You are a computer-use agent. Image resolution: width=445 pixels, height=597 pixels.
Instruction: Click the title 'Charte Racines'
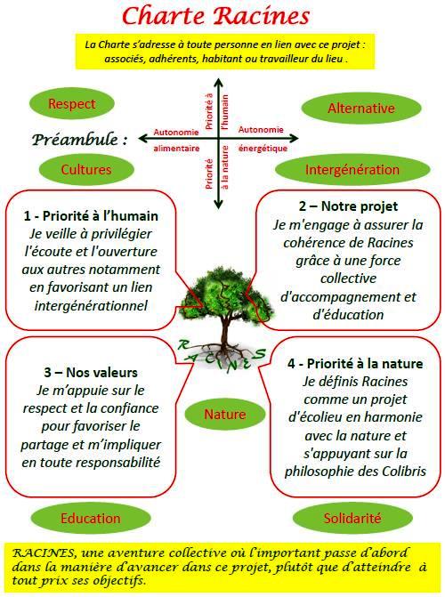coord(215,17)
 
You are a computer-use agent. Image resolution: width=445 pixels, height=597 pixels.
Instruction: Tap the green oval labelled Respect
coord(71,103)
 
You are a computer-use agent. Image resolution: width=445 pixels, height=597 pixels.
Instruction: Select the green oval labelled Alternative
coord(361,109)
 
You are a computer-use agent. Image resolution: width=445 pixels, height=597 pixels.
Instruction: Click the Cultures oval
coord(86,169)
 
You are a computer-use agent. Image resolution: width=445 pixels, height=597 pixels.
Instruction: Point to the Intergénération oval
coord(352,169)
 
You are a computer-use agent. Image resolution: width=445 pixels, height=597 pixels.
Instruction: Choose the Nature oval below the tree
coord(225,415)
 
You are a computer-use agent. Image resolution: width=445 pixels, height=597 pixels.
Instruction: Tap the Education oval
coord(91,518)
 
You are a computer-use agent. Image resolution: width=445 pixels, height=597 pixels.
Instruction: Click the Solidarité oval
coord(352,518)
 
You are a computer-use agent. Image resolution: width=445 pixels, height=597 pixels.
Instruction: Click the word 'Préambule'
coord(75,140)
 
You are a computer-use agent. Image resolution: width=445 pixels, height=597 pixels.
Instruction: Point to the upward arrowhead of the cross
coord(218,82)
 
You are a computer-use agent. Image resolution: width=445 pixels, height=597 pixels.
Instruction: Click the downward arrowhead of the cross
coord(218,205)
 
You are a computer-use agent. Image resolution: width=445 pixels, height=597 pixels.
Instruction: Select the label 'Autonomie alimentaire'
coord(176,140)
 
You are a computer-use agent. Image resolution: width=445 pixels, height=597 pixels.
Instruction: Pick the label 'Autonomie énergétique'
coord(263,139)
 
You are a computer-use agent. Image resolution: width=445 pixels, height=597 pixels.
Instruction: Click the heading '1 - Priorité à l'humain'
coord(91,216)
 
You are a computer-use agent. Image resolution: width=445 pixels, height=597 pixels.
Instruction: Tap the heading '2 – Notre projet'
coord(348,206)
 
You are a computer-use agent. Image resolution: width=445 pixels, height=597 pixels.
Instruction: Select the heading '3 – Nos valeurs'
coord(91,373)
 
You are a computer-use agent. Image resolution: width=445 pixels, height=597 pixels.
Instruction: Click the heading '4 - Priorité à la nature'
coord(355,364)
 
